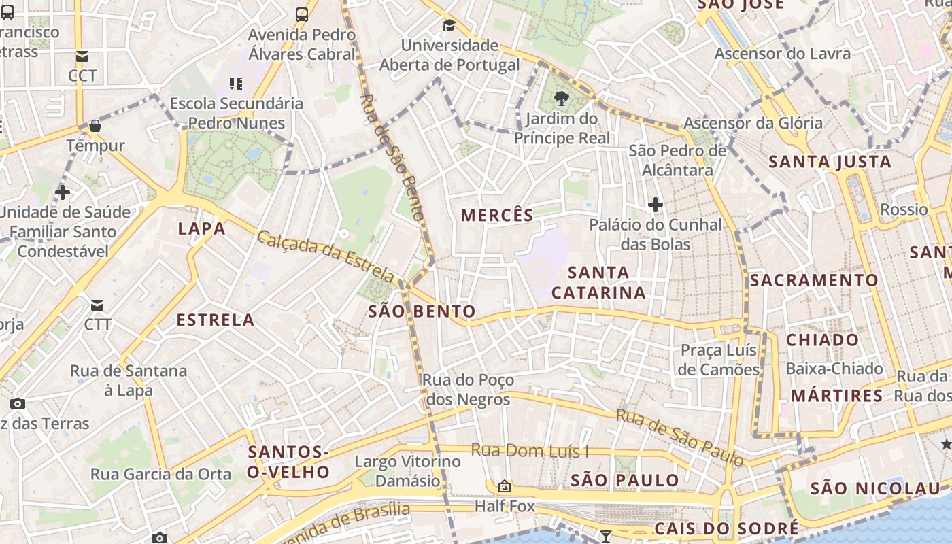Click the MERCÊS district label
pyautogui.click(x=497, y=216)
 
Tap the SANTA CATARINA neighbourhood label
pyautogui.click(x=598, y=282)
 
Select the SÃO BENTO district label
pyautogui.click(x=422, y=312)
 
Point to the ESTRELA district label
pyautogui.click(x=216, y=320)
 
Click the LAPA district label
pyautogui.click(x=201, y=228)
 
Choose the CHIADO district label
pyautogui.click(x=823, y=340)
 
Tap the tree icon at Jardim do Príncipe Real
pyautogui.click(x=561, y=99)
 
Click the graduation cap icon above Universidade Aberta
pyautogui.click(x=449, y=26)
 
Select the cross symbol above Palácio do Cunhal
pyautogui.click(x=656, y=204)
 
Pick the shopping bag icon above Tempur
pyautogui.click(x=95, y=126)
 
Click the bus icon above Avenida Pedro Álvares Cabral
pyautogui.click(x=302, y=14)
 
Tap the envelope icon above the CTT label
pyautogui.click(x=98, y=305)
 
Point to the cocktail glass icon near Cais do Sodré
pyautogui.click(x=605, y=537)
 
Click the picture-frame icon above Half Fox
pyautogui.click(x=505, y=486)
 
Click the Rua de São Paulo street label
pyautogui.click(x=680, y=438)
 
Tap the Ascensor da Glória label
pyautogui.click(x=753, y=123)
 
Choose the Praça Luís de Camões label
pyautogui.click(x=719, y=360)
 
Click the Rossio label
pyautogui.click(x=904, y=209)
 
